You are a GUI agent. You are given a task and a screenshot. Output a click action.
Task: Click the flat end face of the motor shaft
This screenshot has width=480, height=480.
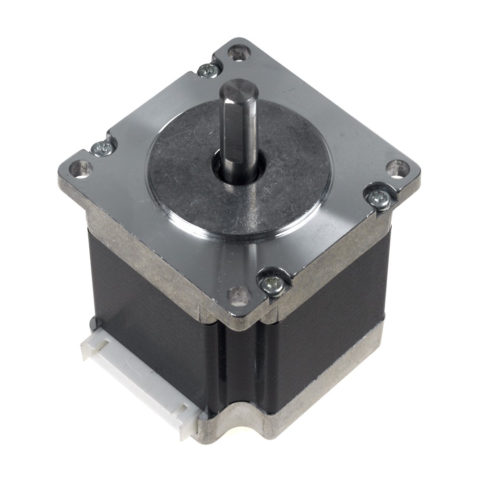click(239, 89)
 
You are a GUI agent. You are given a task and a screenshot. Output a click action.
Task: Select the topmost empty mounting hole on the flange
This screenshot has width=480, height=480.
click(239, 52)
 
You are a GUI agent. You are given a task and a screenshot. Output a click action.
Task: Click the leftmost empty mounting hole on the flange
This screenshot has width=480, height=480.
click(80, 168)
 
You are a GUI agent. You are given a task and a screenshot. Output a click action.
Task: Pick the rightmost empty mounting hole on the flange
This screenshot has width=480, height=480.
click(397, 168)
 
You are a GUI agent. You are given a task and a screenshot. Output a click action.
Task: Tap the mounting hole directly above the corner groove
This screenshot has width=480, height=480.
click(239, 295)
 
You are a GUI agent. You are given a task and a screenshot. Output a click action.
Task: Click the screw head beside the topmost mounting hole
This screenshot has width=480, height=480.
click(209, 71)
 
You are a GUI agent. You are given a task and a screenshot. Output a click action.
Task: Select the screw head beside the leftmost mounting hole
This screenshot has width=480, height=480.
click(102, 148)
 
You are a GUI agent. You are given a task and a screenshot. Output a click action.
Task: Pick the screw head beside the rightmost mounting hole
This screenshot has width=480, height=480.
click(379, 198)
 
